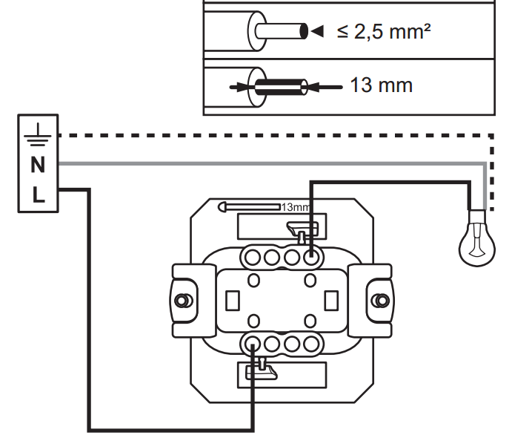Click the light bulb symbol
click(477, 238)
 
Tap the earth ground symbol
click(38, 134)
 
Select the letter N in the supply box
click(38, 165)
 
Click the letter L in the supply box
click(39, 195)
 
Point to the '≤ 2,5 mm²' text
click(384, 31)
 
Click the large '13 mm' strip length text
click(381, 85)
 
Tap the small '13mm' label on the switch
click(295, 207)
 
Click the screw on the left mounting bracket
click(182, 300)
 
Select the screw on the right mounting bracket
click(381, 300)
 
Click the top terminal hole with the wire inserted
click(310, 258)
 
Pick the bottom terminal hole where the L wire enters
click(253, 344)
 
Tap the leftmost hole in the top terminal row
click(253, 258)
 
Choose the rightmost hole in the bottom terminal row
click(310, 344)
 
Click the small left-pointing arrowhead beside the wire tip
click(317, 31)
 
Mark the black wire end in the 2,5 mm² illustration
click(304, 31)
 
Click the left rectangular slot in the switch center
click(233, 300)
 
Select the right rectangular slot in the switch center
click(331, 300)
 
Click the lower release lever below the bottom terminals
click(262, 370)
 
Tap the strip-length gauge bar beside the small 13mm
click(250, 207)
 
